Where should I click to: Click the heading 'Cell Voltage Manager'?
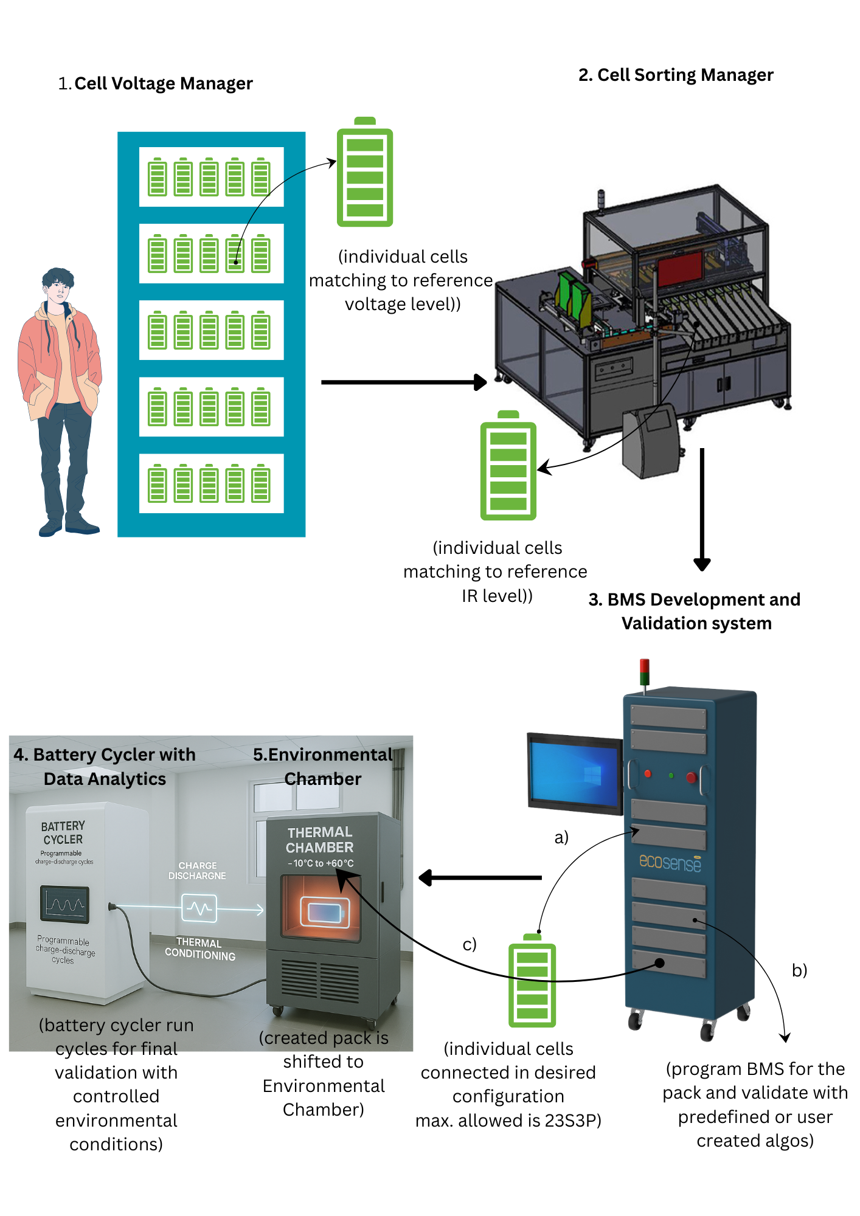[163, 83]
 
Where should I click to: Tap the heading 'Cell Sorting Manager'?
[685, 75]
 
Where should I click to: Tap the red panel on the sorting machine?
[680, 268]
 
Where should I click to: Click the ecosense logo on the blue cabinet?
[670, 862]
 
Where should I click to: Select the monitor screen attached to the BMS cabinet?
[574, 773]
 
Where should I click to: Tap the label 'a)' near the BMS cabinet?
[561, 838]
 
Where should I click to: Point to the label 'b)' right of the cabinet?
[799, 970]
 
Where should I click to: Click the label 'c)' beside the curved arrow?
[470, 944]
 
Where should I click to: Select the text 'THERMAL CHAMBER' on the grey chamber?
[319, 840]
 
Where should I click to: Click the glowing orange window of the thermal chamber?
[321, 908]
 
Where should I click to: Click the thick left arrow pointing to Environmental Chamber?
[480, 877]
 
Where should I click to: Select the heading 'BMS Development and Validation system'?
[695, 611]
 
